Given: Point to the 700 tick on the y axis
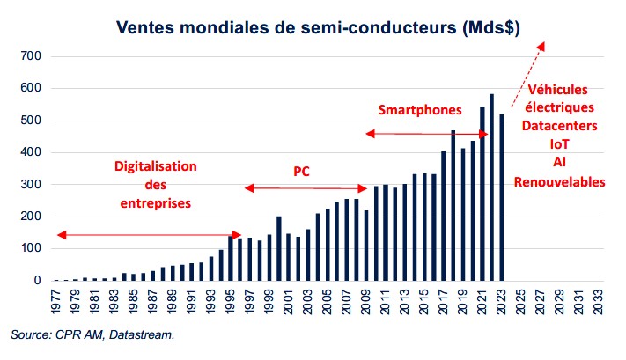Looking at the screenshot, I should (31, 56).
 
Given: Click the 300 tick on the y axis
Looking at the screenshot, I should (31, 185).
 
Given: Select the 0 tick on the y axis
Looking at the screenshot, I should (37, 281).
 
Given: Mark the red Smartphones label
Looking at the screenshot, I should (420, 110).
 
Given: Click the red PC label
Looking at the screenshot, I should (302, 171).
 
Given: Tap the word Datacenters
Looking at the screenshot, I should (559, 126).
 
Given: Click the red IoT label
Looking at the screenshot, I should (559, 144).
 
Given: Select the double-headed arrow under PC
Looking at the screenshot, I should (306, 188).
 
